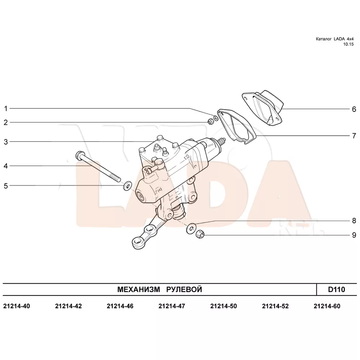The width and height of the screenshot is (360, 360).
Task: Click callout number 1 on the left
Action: (6, 109)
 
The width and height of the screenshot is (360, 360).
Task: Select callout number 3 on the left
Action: (6, 142)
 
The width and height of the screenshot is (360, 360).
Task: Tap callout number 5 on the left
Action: (6, 186)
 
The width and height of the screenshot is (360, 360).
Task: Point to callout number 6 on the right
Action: (354, 109)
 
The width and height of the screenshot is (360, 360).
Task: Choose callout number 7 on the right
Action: (354, 136)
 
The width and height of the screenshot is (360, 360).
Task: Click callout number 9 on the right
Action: (354, 235)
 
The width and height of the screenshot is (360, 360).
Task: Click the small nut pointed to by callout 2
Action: (210, 122)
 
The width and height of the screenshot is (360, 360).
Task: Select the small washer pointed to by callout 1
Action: (216, 118)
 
